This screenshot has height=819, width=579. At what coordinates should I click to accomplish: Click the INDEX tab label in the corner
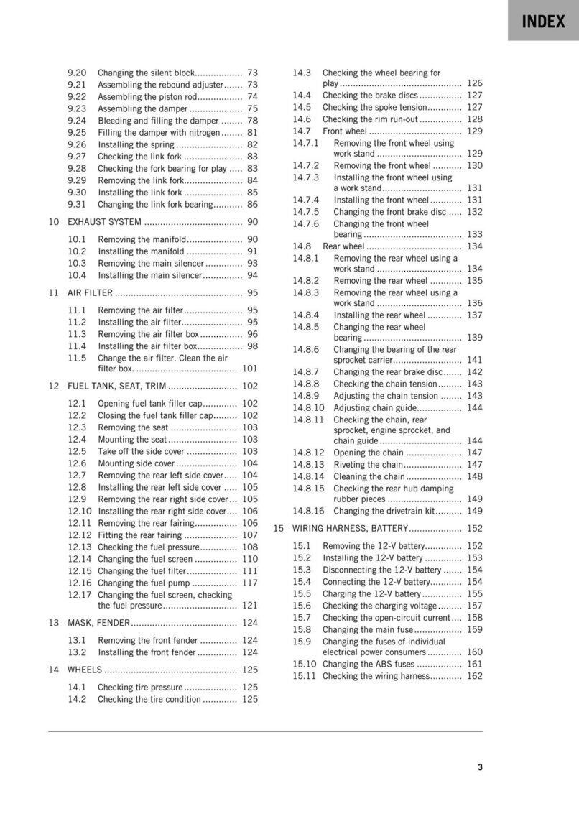544,22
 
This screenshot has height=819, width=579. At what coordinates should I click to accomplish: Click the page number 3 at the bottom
480,767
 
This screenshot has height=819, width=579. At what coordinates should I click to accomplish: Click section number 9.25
77,132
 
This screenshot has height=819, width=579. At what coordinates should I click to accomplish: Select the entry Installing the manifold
141,251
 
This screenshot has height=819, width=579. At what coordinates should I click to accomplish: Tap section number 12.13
79,547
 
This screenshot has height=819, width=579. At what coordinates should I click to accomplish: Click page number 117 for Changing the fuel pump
249,583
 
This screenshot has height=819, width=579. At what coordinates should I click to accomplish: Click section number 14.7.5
305,212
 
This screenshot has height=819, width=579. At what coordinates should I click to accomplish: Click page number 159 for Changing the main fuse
474,629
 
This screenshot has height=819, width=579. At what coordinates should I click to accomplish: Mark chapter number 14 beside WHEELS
53,670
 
